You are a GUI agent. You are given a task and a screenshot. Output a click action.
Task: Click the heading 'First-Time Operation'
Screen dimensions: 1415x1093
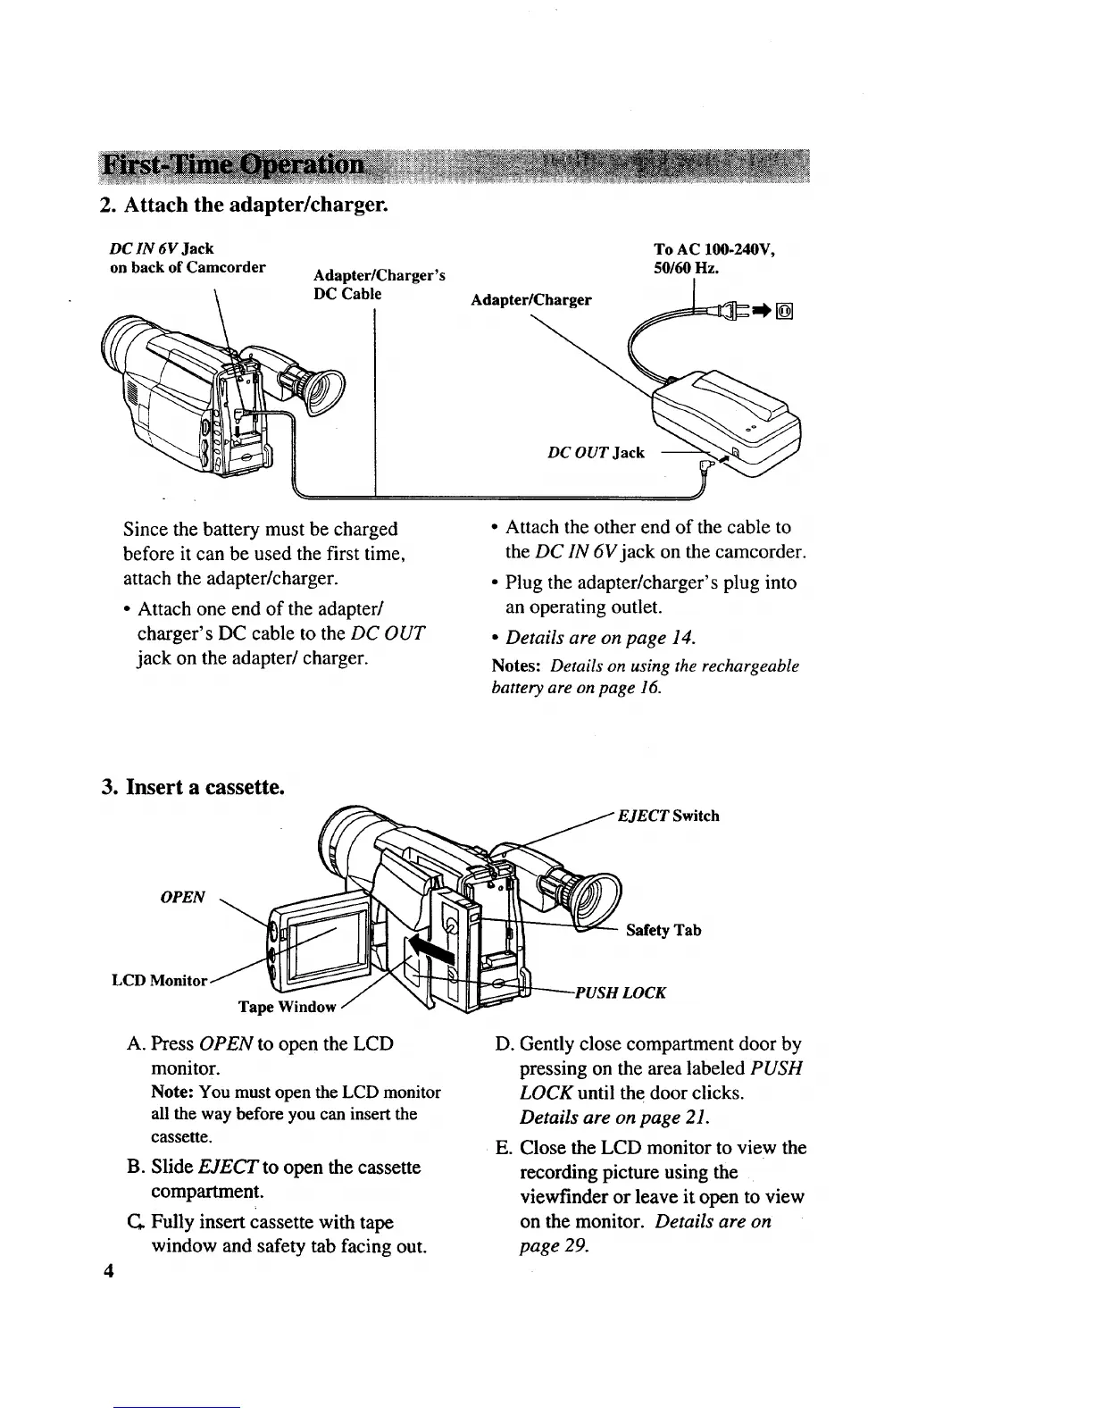click(x=235, y=166)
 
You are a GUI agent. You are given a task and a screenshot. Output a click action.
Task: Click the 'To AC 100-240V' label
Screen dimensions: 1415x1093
click(x=720, y=250)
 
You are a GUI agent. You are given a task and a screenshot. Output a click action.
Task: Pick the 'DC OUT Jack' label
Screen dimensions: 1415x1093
click(x=596, y=452)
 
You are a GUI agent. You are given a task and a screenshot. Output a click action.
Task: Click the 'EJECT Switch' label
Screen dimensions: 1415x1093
click(x=668, y=816)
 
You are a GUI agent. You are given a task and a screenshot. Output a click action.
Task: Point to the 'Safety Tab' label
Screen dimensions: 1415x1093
click(x=663, y=930)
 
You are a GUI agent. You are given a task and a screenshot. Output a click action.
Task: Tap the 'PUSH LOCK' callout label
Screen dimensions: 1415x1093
click(x=621, y=992)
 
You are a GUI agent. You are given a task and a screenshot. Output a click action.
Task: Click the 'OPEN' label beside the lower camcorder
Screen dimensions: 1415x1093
click(x=182, y=897)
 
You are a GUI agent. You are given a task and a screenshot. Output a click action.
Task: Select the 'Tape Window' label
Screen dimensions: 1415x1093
click(x=287, y=1007)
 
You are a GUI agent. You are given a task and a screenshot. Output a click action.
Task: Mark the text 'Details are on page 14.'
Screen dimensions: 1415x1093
click(x=600, y=638)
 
